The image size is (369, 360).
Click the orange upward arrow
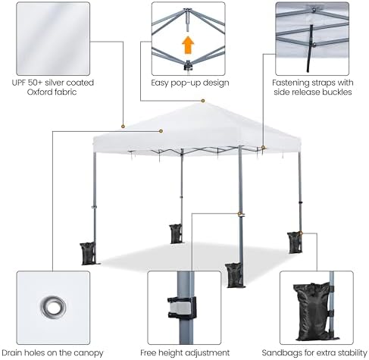[188, 45]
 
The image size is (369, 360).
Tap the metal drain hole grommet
[53, 307]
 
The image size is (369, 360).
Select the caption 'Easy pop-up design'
[190, 83]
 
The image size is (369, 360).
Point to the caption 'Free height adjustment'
[185, 352]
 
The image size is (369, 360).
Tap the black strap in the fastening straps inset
[310, 49]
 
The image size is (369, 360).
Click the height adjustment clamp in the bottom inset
[182, 308]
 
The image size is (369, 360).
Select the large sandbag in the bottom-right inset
[314, 312]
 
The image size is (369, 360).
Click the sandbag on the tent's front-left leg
[88, 253]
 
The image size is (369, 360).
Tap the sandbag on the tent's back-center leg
[176, 233]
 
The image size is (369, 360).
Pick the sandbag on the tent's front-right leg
[234, 275]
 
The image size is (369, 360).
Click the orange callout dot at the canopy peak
[203, 101]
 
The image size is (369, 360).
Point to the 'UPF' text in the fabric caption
[19, 83]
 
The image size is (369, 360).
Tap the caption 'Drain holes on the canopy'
[52, 352]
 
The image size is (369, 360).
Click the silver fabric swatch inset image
[53, 39]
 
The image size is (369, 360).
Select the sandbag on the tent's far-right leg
[295, 243]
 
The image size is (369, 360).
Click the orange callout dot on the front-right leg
[239, 214]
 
